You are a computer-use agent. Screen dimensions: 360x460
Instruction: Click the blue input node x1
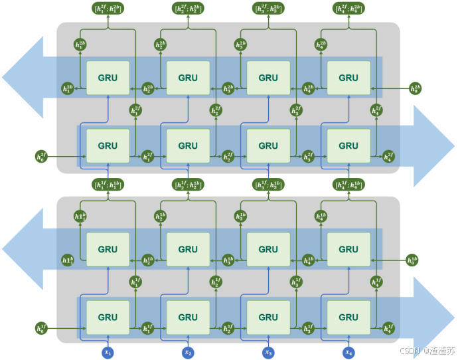[x=108, y=351]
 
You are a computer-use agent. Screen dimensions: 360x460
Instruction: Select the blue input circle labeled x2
[x=188, y=351]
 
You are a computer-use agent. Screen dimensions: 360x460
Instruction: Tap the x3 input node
[x=268, y=351]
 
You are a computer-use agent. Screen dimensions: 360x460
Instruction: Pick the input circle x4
[x=348, y=351]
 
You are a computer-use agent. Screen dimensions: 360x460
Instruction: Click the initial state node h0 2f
[x=42, y=157]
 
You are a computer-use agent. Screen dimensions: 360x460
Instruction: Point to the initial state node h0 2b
[x=415, y=88]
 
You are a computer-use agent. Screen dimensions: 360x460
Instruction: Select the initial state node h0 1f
[x=42, y=327]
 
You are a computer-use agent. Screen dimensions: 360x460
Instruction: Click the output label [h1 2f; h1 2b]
[x=108, y=9]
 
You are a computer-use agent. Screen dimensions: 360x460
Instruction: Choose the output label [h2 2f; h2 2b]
[x=188, y=9]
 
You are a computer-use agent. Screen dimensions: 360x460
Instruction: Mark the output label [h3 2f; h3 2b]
[x=268, y=9]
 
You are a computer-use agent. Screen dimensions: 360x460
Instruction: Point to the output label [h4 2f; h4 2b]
[x=348, y=9]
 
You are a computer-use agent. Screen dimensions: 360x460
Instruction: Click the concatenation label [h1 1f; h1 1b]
[x=108, y=184]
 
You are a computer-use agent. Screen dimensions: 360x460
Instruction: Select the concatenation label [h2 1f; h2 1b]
[x=188, y=184]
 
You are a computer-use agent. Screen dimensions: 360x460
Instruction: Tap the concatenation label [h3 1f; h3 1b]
[x=268, y=184]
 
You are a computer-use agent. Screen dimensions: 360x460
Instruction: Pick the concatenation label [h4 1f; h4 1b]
[x=348, y=184]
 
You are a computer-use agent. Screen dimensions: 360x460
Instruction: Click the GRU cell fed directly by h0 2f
[x=108, y=145]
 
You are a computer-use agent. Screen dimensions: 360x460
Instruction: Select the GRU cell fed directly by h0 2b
[x=348, y=78]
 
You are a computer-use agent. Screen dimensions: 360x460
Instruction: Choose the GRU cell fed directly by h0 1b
[x=348, y=249]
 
